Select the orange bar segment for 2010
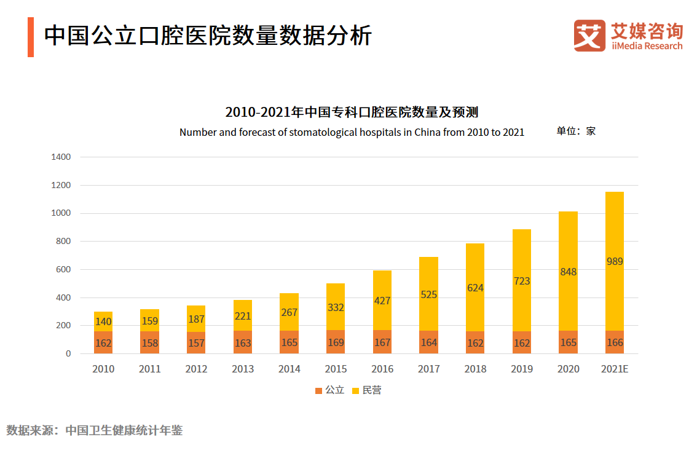103,343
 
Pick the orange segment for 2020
568,342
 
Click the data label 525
429,295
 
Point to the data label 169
336,342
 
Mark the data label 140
103,321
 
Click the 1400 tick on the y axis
61,157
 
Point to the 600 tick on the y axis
64,270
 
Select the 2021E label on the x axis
614,369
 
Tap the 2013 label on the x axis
243,369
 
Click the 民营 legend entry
367,390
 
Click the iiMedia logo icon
589,36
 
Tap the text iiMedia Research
647,46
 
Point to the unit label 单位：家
576,131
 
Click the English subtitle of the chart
352,132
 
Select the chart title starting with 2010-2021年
352,112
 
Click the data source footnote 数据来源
95,430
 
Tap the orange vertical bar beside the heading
31,37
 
